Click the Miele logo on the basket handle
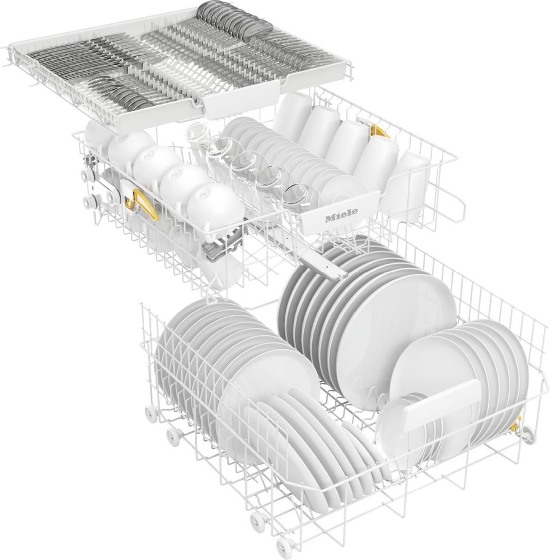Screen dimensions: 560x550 tap(341, 217)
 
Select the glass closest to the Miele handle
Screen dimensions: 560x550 tap(300, 197)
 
